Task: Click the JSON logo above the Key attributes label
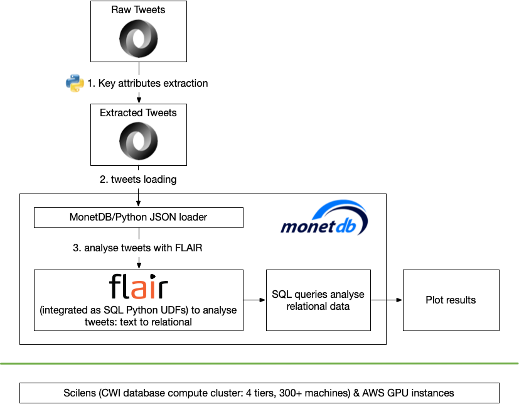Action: pyautogui.click(x=138, y=39)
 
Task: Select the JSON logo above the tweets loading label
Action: pyautogui.click(x=138, y=141)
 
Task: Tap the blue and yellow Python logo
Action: pyautogui.click(x=75, y=83)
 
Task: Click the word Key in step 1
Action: pyautogui.click(x=107, y=84)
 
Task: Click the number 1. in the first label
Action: pyautogui.click(x=91, y=84)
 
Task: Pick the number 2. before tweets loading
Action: pyautogui.click(x=104, y=180)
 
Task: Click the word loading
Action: pyautogui.click(x=160, y=180)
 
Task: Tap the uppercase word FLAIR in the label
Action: pyautogui.click(x=189, y=248)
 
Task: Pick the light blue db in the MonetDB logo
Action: pyautogui.click(x=346, y=227)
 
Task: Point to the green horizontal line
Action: pyautogui.click(x=259, y=363)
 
